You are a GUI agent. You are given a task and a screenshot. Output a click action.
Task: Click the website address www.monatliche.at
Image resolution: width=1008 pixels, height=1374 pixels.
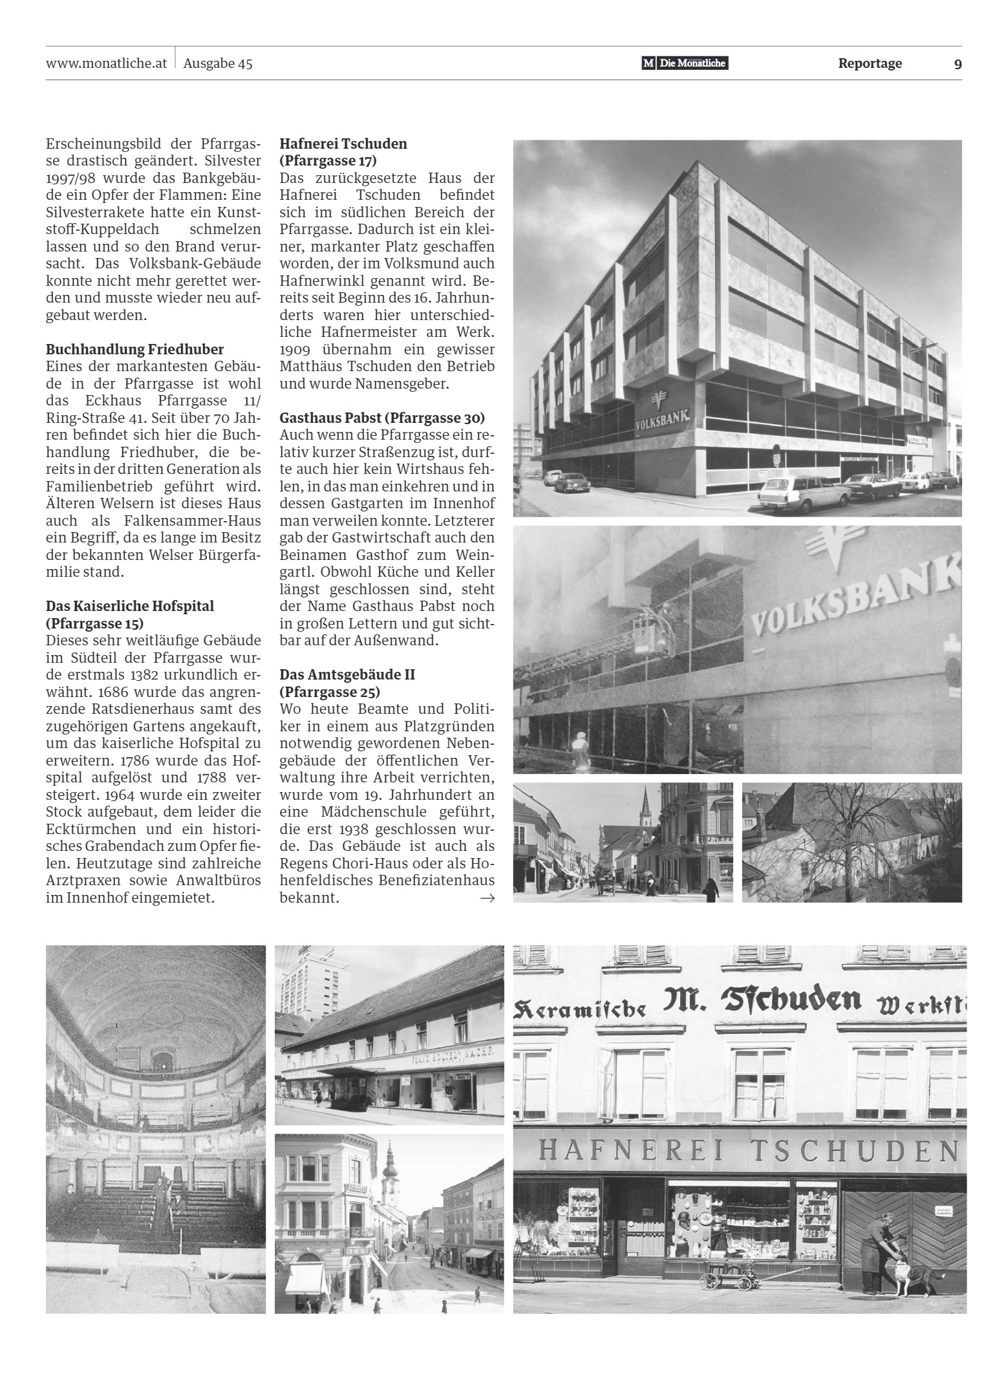pos(107,63)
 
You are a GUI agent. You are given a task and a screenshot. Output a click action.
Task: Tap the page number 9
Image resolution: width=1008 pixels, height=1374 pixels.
pos(958,64)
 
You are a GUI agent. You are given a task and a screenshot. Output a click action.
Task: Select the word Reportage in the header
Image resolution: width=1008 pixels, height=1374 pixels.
pos(870,63)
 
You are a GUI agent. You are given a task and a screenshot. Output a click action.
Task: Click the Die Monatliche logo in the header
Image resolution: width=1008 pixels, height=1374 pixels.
pos(685,63)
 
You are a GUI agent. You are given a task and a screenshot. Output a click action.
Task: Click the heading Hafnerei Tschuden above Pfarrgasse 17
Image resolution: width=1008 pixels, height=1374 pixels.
pos(343,144)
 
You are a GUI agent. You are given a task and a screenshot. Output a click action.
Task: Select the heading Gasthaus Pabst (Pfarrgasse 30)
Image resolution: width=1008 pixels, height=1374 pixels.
pos(382,418)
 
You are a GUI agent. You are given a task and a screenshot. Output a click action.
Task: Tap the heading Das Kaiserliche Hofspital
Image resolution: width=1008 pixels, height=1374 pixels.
pos(129,606)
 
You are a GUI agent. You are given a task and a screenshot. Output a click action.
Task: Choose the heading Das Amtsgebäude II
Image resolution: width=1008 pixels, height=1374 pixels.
pos(347,674)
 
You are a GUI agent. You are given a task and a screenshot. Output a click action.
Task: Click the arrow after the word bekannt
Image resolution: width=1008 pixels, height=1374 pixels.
pos(488,898)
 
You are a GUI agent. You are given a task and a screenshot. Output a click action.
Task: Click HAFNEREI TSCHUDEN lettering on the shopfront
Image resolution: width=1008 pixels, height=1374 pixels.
pos(747,1149)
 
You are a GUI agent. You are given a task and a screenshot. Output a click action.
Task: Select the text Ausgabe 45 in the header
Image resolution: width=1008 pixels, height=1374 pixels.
pos(218,63)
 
